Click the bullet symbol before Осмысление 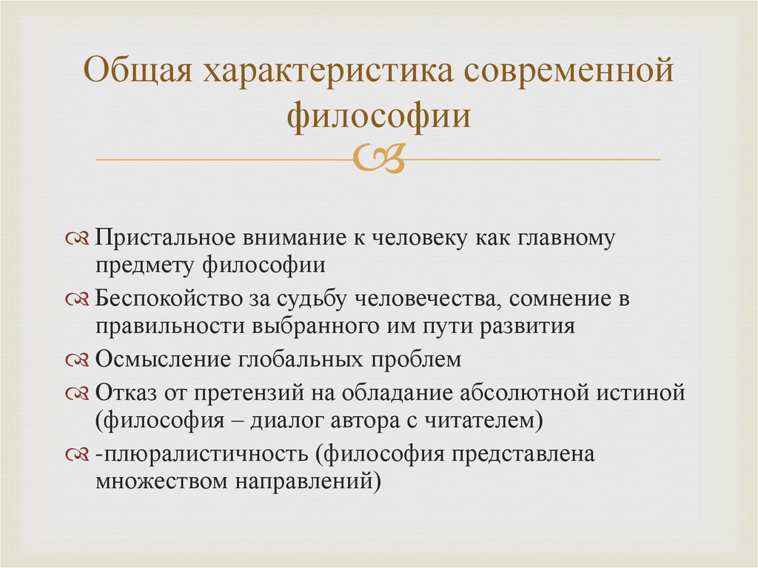(77, 361)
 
